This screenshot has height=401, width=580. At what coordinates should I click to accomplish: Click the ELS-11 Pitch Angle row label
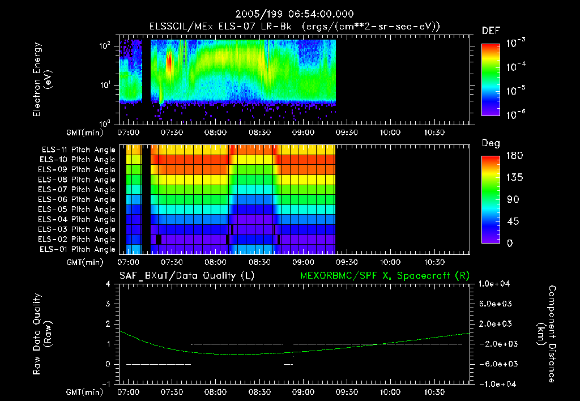click(x=78, y=150)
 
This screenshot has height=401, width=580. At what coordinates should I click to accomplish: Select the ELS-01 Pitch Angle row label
click(x=78, y=249)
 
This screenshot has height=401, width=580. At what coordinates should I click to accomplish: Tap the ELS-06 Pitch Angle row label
click(x=78, y=199)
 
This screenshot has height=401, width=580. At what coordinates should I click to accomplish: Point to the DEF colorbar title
click(x=491, y=31)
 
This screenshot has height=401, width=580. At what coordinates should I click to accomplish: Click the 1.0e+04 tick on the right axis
click(x=495, y=284)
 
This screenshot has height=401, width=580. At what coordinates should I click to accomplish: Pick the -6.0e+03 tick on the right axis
click(x=495, y=364)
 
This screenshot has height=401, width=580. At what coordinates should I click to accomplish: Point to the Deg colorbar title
click(x=491, y=143)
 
